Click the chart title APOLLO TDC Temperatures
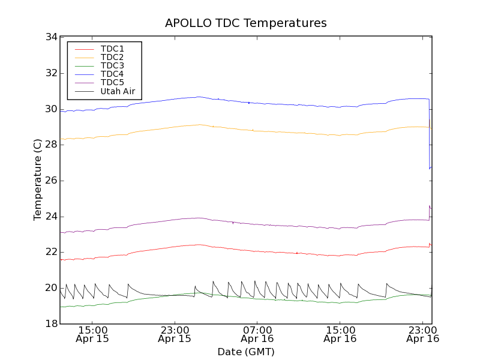click(x=246, y=23)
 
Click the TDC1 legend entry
click(x=112, y=49)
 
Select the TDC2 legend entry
click(x=112, y=57)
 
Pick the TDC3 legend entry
click(x=112, y=65)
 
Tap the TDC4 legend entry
click(x=112, y=74)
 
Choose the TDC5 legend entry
click(x=112, y=82)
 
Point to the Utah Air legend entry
click(x=118, y=91)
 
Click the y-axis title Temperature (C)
click(x=38, y=180)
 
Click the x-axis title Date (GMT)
click(x=246, y=352)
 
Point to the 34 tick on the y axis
click(x=51, y=37)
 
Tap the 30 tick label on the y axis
click(x=51, y=109)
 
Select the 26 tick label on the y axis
click(x=51, y=181)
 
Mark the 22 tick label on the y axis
click(x=51, y=252)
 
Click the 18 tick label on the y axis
click(x=51, y=324)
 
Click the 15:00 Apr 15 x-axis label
click(x=92, y=334)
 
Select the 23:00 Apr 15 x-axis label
click(x=175, y=334)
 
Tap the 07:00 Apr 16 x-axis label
click(x=257, y=334)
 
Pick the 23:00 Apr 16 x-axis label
click(x=423, y=334)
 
